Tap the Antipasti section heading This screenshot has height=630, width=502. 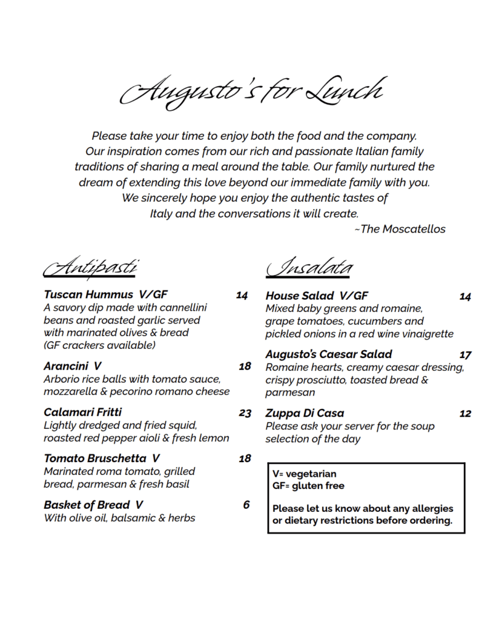tap(90, 268)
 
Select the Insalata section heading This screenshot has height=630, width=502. tap(310, 268)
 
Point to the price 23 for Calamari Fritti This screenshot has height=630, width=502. tap(245, 413)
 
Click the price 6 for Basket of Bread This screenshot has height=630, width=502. tap(246, 505)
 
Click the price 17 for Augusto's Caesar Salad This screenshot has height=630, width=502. tap(465, 355)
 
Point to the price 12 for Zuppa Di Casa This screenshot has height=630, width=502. tap(465, 413)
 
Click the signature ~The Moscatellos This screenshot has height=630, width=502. tap(400, 229)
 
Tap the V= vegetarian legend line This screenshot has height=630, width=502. tap(304, 474)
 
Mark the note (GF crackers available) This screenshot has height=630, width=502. tap(99, 345)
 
